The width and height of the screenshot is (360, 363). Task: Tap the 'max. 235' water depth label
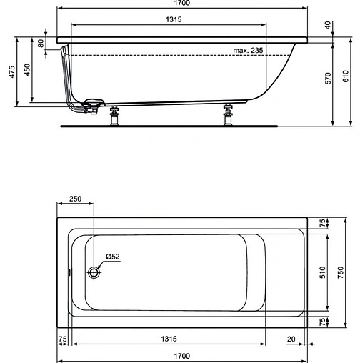249,50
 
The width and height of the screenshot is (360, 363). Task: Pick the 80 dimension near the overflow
41,43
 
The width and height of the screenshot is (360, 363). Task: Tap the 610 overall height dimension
346,76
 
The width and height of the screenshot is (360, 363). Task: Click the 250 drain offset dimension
75,199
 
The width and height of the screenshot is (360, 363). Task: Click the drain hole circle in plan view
94,272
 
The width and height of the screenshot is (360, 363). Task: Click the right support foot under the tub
229,114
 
